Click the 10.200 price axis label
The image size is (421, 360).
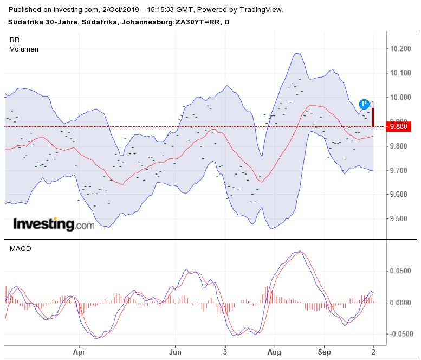[x=400, y=49]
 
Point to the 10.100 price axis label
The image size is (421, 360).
[x=400, y=73]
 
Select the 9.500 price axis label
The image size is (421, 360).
[x=400, y=219]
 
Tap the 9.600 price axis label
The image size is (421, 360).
[x=400, y=195]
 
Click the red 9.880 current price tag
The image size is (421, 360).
[x=400, y=127]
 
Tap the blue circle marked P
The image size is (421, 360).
[x=365, y=104]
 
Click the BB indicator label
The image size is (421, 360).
[x=15, y=40]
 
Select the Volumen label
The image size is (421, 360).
[x=24, y=49]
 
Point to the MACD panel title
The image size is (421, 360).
[x=20, y=249]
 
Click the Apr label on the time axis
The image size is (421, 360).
[x=79, y=351]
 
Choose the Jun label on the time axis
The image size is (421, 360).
[x=175, y=351]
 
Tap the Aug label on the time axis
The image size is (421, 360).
[x=275, y=351]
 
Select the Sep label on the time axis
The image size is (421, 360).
[x=324, y=351]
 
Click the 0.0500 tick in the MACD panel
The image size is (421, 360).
[x=400, y=271]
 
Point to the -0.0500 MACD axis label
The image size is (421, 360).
[x=399, y=334]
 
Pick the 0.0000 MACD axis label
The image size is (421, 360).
[x=400, y=303]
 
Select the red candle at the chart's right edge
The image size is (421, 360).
[x=373, y=118]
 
